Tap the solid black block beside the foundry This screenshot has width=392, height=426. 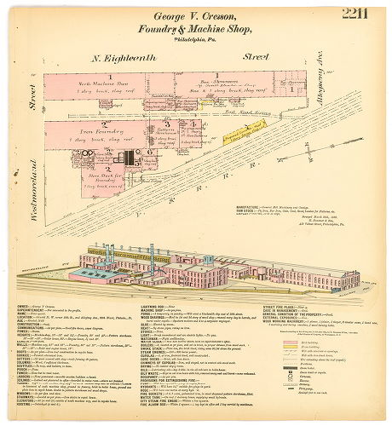(x=130, y=158)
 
